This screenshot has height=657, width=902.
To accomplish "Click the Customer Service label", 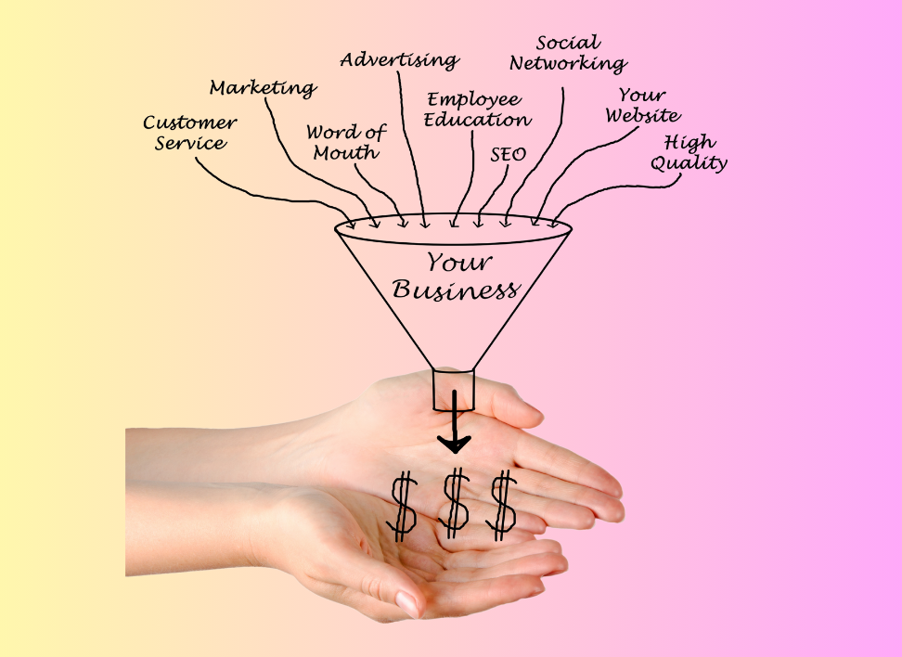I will [189, 133].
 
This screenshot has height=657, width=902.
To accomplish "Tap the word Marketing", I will [263, 88].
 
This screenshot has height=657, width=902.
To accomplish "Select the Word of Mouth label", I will [347, 142].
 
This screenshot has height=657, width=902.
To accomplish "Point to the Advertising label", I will [399, 60].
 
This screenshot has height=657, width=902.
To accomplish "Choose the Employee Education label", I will [477, 109].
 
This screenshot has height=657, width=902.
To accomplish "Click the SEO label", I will [508, 154].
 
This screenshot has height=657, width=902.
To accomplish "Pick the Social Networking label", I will [568, 54].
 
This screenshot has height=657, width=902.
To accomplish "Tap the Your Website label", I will [642, 106].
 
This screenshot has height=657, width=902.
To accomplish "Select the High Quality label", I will [689, 152].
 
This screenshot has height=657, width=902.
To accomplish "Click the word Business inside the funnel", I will [455, 290].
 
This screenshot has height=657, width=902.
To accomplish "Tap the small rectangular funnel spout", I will [454, 390].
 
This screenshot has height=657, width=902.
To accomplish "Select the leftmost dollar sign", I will [403, 505].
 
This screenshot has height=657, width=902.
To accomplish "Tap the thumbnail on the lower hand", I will [407, 604].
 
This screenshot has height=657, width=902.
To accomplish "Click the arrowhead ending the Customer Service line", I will [351, 223].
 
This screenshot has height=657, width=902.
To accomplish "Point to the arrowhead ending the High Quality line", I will [555, 224].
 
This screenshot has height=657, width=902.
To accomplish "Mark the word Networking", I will [568, 64].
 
